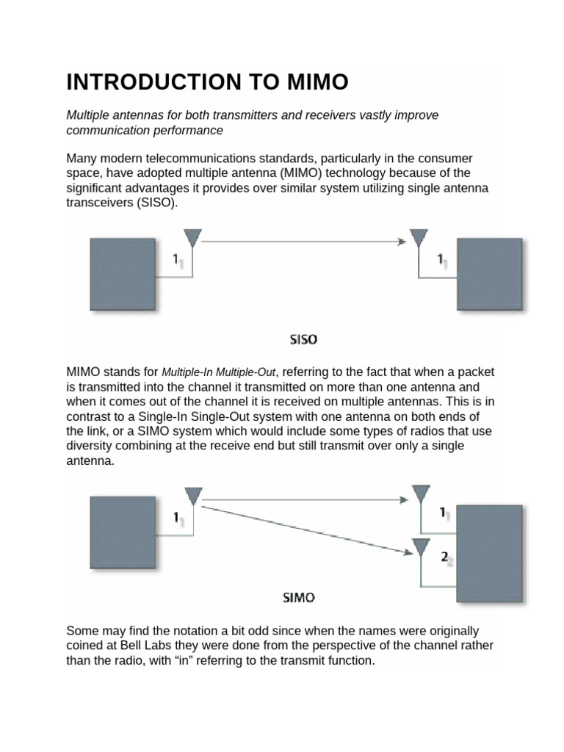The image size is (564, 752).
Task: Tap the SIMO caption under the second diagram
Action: (299, 598)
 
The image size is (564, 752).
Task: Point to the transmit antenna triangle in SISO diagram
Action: (192, 239)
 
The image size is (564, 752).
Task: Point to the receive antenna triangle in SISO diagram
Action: (419, 239)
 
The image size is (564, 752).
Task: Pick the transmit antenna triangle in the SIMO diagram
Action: (192, 497)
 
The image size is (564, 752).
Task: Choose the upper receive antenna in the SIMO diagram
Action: (420, 493)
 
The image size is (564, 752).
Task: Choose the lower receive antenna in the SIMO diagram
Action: (420, 547)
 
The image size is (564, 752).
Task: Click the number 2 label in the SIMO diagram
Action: (444, 557)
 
